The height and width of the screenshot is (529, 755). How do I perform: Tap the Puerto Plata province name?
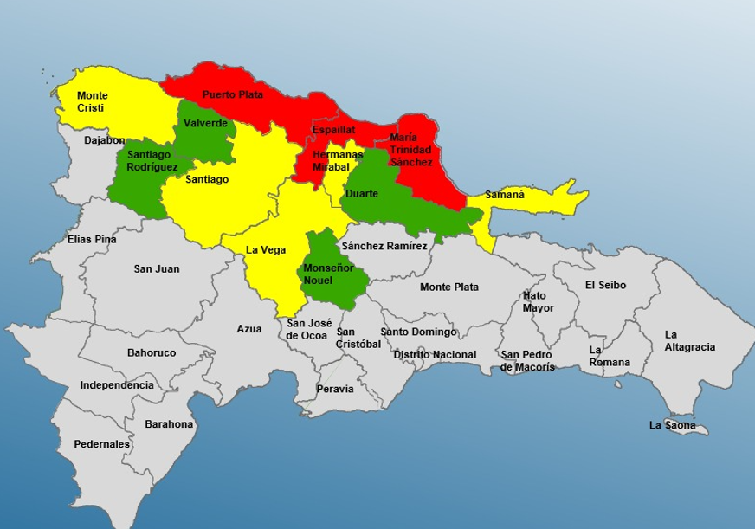pos(232,94)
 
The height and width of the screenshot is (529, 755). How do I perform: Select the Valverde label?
pos(206,124)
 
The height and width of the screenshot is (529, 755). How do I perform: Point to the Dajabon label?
pos(105,140)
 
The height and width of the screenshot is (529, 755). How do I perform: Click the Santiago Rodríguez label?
pos(152,160)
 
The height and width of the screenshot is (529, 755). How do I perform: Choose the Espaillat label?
pos(333,130)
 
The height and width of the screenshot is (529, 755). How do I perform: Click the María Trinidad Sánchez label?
pos(410,150)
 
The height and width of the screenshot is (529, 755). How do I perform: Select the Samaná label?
pos(504,195)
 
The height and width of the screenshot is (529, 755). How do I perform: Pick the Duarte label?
pos(361,194)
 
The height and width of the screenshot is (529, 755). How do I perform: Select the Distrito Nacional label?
pos(435,355)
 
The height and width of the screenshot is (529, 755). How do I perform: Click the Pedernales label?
pos(101,444)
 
